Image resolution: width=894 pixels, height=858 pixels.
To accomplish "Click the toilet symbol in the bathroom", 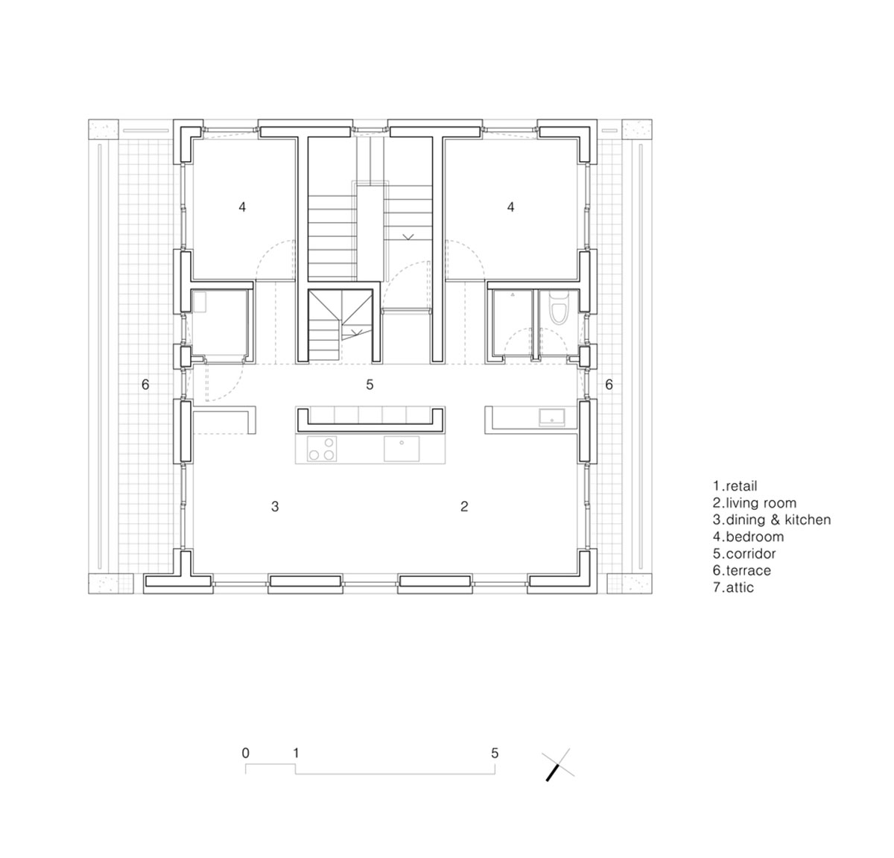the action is [559, 309].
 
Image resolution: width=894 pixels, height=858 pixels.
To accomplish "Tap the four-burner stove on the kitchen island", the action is [322, 449].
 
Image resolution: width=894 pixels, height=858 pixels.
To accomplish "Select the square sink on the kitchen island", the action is [402, 449].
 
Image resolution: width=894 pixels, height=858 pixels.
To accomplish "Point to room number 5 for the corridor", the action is [370, 385].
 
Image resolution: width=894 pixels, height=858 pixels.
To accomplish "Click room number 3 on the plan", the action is [275, 506].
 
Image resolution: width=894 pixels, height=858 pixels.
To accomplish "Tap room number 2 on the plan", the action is [464, 506].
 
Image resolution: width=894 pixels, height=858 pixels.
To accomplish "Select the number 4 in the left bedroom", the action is [242, 206].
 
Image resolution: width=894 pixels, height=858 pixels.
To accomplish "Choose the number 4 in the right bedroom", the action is [510, 206].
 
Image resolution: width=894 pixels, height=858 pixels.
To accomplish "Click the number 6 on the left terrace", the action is [145, 385].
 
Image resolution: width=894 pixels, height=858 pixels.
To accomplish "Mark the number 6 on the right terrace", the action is [609, 385].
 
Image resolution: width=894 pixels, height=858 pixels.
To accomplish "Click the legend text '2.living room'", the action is [755, 503].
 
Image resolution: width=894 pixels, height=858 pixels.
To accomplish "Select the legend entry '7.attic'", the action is [733, 587].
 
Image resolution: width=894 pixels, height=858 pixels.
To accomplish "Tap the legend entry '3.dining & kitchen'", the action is [772, 520].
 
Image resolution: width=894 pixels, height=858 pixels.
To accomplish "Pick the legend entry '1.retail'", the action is [735, 486].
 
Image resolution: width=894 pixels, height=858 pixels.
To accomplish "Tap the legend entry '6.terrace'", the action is [741, 571].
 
